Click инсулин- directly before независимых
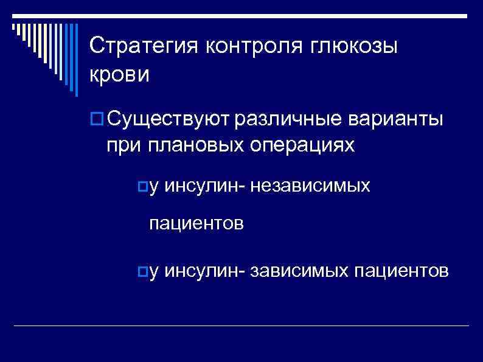(204, 186)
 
